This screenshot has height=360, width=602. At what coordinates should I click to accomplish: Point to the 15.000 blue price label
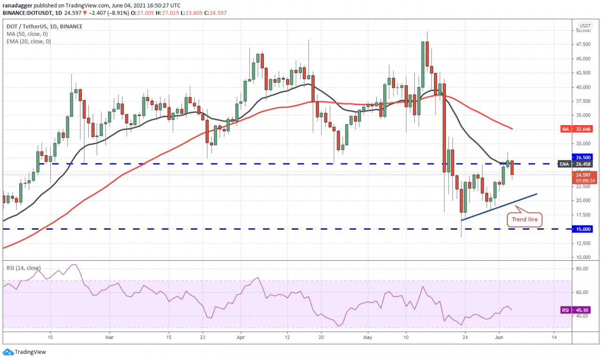click(585, 229)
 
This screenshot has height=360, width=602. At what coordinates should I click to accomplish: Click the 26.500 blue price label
click(585, 157)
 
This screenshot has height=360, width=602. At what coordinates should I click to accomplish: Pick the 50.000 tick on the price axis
click(585, 30)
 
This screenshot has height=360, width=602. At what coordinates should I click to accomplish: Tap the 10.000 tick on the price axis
click(585, 257)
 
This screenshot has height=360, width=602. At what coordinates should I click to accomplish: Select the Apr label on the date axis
click(240, 337)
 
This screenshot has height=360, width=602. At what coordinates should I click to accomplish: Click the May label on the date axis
click(368, 337)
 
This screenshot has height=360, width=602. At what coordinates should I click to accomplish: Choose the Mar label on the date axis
click(109, 337)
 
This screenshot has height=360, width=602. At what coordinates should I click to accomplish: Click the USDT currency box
click(585, 25)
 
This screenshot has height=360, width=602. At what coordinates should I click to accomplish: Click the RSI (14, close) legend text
click(24, 268)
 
